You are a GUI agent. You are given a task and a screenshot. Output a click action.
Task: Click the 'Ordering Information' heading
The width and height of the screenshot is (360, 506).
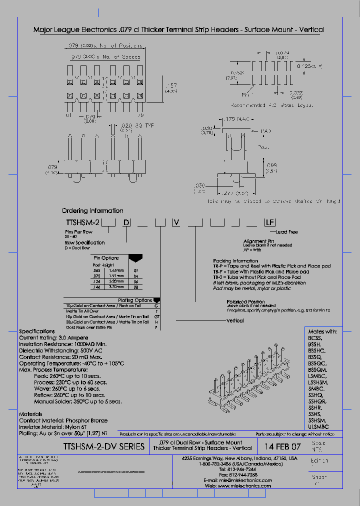(x=92, y=210)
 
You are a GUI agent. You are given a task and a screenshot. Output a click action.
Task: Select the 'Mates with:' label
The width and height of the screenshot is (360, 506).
(x=322, y=331)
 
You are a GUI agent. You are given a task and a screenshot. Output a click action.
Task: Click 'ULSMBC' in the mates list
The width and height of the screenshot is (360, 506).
(x=318, y=427)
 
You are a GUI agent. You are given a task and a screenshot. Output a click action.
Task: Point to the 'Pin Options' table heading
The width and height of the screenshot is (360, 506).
(x=106, y=257)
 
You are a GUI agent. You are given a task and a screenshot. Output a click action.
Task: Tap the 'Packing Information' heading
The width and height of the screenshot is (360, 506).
(x=235, y=260)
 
